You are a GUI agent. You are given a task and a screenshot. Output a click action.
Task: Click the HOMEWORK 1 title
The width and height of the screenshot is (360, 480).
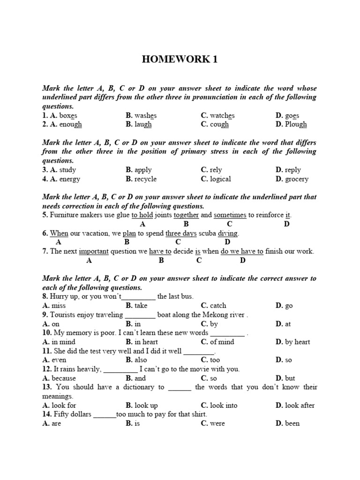(180, 60)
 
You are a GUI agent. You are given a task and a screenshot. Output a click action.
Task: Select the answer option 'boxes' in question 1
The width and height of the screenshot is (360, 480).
(68, 115)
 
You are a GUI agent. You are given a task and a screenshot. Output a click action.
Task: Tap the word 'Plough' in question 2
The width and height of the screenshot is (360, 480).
(296, 124)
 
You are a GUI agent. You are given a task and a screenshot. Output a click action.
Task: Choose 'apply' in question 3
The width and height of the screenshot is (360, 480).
(143, 170)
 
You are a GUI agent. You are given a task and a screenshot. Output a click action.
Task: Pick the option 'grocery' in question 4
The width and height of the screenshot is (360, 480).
(297, 179)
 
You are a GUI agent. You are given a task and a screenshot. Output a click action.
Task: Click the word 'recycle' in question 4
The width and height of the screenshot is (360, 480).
(145, 179)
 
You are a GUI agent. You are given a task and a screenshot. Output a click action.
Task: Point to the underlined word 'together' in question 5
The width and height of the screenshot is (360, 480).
(186, 215)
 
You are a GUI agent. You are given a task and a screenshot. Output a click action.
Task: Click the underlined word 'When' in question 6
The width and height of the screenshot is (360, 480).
(59, 233)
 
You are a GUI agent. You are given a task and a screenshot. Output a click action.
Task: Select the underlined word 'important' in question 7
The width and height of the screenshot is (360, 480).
(94, 251)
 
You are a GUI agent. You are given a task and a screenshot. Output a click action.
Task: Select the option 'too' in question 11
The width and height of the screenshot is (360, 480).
(215, 360)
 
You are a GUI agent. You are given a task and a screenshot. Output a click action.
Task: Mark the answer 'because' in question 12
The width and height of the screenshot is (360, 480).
(64, 378)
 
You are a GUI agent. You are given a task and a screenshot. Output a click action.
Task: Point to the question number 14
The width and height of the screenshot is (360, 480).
(46, 414)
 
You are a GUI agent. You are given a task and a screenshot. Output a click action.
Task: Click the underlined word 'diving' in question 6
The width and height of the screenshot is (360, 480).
(228, 233)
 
